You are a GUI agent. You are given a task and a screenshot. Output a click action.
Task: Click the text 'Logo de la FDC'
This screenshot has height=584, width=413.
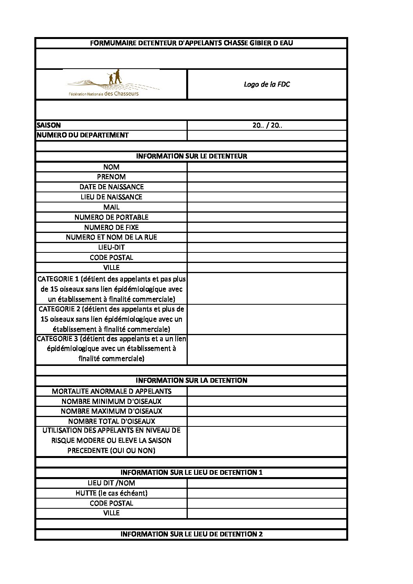click(267, 84)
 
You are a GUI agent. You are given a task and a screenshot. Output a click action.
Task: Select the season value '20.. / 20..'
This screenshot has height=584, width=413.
click(267, 125)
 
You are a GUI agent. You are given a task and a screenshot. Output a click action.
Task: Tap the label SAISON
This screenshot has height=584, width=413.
click(49, 125)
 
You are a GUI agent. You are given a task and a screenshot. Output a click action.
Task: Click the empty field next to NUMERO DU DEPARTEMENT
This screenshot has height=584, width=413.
click(267, 135)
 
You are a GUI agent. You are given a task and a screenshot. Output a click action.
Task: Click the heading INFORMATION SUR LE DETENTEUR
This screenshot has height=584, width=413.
click(191, 156)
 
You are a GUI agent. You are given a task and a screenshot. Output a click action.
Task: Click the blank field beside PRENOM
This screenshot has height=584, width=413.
click(267, 177)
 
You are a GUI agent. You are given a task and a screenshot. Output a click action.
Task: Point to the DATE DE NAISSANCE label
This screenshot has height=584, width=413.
click(112, 187)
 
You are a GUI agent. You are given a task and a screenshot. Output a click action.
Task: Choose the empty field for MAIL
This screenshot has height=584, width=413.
click(267, 207)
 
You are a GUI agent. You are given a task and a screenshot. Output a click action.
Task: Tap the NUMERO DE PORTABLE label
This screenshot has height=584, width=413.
click(112, 217)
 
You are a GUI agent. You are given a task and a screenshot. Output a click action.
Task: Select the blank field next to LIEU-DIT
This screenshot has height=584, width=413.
click(267, 247)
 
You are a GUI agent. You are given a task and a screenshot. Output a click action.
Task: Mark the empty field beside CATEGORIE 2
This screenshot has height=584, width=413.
click(267, 319)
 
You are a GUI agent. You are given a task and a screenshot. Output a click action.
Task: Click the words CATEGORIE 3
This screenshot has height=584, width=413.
click(57, 339)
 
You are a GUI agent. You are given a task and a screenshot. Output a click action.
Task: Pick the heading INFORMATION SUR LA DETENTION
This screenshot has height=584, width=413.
click(191, 380)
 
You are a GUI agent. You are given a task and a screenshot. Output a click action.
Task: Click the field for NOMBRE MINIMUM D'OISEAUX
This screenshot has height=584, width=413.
click(267, 401)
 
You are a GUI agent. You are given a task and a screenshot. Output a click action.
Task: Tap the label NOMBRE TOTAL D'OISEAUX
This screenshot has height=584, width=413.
click(112, 421)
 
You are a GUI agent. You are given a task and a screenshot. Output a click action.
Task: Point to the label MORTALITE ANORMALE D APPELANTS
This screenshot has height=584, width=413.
click(112, 391)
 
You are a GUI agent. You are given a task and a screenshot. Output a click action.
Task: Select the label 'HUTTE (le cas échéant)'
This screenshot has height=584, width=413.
click(112, 493)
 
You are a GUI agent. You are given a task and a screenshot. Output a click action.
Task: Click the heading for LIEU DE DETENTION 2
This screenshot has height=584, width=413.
click(191, 534)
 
